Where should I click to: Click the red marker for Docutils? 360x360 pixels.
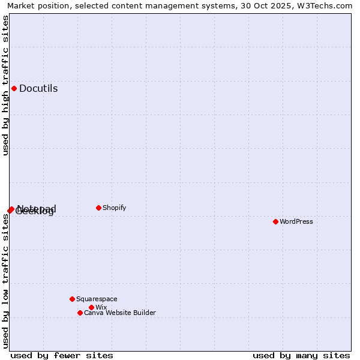click(14, 89)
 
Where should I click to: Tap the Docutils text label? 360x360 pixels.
click(38, 89)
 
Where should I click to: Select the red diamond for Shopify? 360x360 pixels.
click(98, 208)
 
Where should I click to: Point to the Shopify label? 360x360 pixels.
click(114, 208)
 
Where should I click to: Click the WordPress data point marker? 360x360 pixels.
click(275, 221)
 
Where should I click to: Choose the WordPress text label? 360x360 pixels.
click(296, 221)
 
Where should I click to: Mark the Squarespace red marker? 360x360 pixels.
click(72, 299)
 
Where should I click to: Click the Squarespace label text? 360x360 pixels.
click(97, 299)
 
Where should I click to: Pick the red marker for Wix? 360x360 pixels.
click(91, 307)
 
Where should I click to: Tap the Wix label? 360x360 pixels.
click(101, 307)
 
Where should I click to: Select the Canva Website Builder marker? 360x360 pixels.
click(80, 313)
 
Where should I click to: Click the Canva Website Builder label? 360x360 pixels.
click(119, 313)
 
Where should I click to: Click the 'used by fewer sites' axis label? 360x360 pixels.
click(62, 355)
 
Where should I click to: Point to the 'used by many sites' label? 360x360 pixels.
click(301, 355)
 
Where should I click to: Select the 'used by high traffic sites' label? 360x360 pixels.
click(5, 85)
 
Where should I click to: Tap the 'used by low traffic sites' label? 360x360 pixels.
click(5, 281)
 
